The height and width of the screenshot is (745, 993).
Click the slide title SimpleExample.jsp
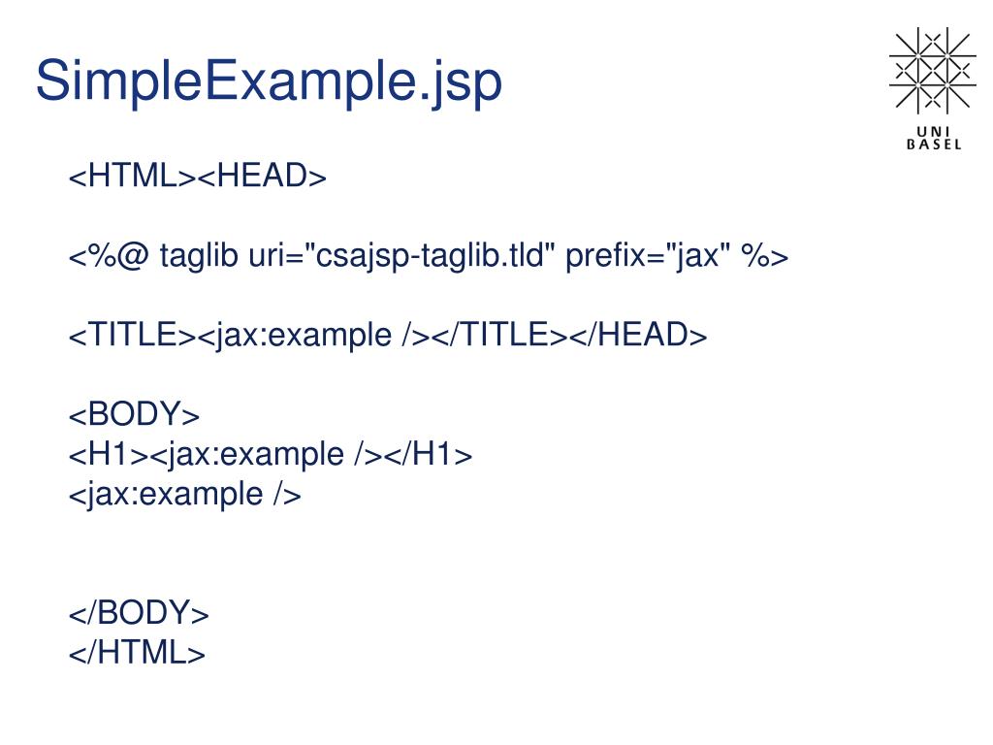coord(269,82)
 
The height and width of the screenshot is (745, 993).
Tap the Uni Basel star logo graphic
coord(931,70)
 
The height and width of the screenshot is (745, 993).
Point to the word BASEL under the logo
coord(933,146)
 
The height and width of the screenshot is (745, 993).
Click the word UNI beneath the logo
coord(933,132)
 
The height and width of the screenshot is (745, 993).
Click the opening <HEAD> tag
coord(263,178)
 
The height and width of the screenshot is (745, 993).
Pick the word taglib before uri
coord(199,257)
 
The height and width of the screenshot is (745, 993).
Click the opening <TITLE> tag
coord(133,336)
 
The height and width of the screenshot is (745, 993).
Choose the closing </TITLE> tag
coord(497,336)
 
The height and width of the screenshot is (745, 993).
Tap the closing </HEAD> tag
coord(637,336)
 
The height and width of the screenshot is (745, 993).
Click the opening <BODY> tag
coord(134,415)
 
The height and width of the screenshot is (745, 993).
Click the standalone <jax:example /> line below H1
coord(184,494)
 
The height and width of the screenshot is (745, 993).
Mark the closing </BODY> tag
coord(139,613)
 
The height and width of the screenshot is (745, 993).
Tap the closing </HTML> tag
coord(137,653)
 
